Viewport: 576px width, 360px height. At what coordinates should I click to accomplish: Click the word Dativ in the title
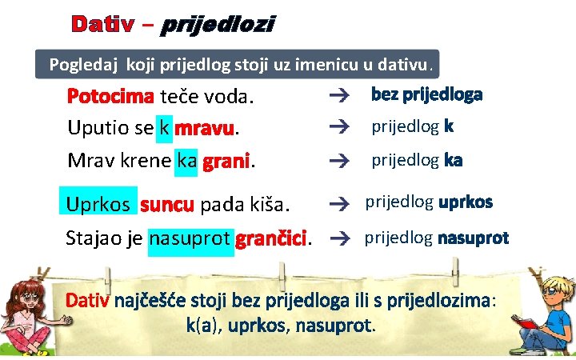(x=102, y=25)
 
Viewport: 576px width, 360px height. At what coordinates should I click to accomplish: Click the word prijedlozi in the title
(x=218, y=26)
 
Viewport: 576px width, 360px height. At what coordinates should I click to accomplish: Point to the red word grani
(x=226, y=161)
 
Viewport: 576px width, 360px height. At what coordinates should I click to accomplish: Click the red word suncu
(x=167, y=205)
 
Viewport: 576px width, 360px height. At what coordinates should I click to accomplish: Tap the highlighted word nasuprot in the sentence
(x=190, y=238)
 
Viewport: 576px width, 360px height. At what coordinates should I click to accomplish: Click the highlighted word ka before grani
(x=186, y=161)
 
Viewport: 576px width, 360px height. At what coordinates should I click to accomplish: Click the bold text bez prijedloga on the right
(x=426, y=95)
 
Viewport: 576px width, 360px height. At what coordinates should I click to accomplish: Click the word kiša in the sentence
(x=270, y=205)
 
